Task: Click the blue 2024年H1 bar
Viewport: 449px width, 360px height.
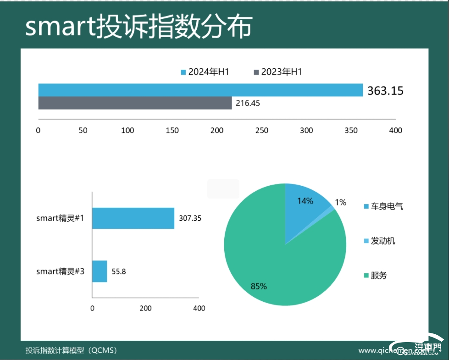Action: [200, 90]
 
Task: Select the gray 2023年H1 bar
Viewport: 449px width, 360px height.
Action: [135, 103]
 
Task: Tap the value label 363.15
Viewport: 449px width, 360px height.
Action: [385, 91]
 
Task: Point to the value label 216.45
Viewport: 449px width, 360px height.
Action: [248, 103]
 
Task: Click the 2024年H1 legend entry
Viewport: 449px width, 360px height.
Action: [205, 72]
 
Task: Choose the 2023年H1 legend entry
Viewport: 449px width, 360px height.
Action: [278, 72]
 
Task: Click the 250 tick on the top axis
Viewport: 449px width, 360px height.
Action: [262, 130]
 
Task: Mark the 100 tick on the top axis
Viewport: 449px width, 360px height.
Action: [127, 130]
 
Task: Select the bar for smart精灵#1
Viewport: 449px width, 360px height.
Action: [133, 218]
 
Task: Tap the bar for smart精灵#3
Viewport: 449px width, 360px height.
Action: [100, 271]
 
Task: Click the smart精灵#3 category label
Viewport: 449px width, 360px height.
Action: [60, 271]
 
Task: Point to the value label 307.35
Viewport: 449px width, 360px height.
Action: [190, 218]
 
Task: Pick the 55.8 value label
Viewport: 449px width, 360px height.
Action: [118, 271]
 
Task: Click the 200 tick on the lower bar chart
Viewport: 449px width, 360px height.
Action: [145, 308]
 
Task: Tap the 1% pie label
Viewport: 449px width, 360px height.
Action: [340, 203]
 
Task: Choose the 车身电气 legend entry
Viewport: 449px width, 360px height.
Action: [383, 206]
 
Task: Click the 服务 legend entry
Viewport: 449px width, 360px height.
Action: [376, 275]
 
